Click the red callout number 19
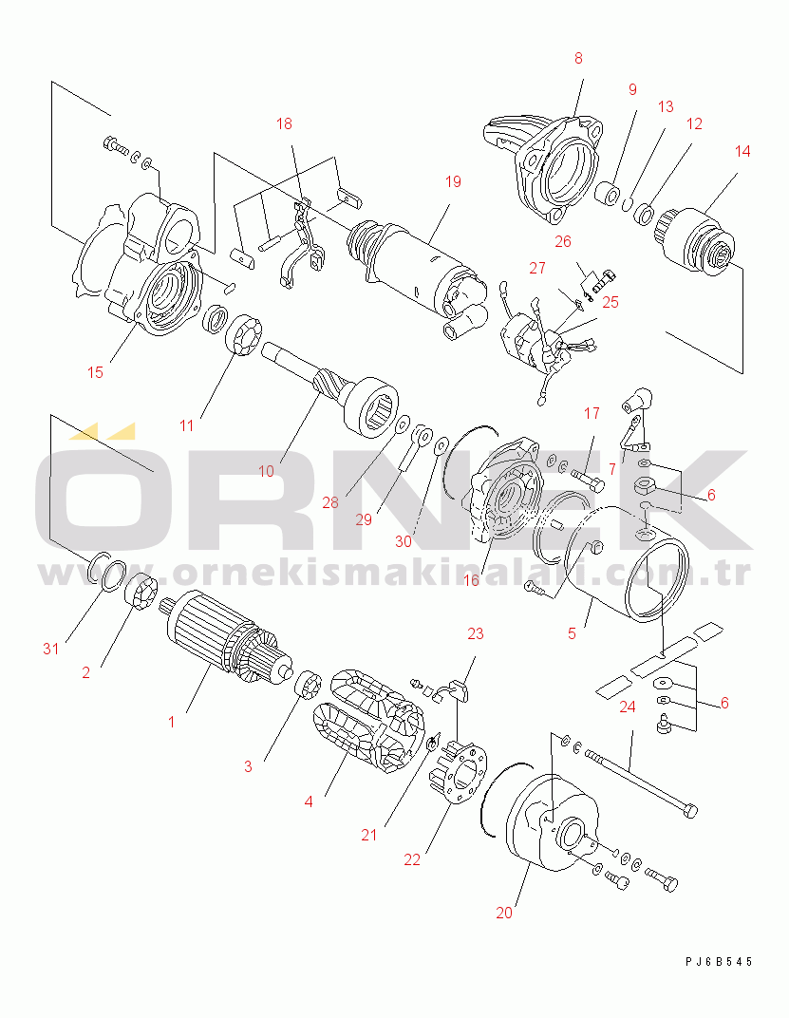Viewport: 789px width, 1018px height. coord(453,181)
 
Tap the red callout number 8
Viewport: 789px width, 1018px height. coord(578,59)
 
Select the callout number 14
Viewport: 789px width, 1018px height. coord(742,151)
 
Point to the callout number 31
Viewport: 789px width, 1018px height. coord(50,648)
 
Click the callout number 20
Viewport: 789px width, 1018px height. coord(504,913)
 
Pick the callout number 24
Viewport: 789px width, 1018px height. coord(628,707)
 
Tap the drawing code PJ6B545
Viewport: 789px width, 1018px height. coord(718,962)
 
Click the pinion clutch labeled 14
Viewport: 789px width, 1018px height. coord(696,239)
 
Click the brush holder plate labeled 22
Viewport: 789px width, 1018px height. coord(459,775)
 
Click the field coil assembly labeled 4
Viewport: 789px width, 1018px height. coord(367,721)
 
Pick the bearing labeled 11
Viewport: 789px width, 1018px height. coord(243,334)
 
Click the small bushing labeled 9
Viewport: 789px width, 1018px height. coord(608,194)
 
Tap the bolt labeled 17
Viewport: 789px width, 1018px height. coord(588,481)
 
